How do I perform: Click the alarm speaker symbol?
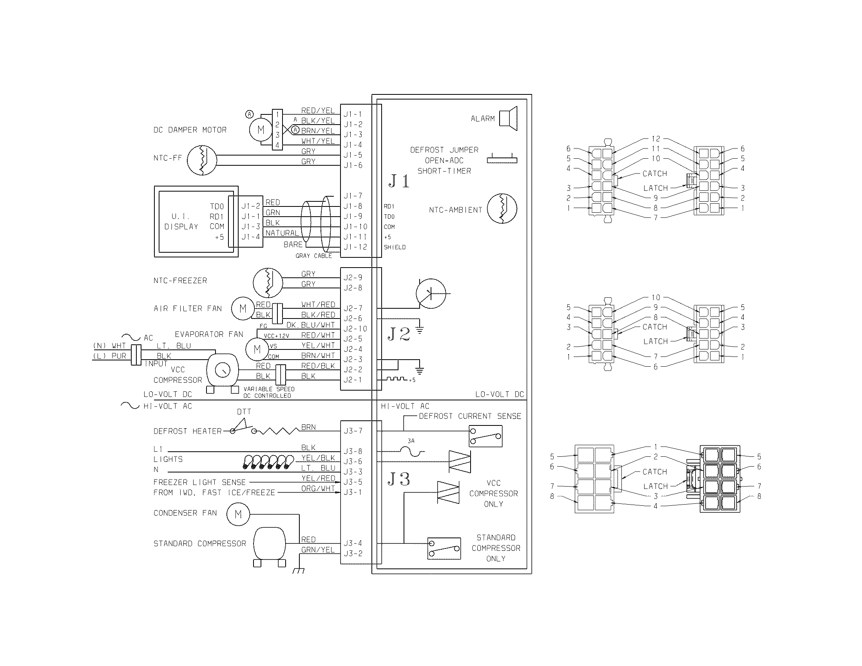point(508,118)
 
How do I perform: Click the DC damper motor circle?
point(261,129)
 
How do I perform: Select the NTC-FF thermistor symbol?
point(202,160)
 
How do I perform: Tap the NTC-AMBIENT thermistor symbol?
point(502,209)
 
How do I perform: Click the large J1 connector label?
point(399,181)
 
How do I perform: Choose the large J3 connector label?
point(399,480)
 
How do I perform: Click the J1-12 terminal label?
point(355,247)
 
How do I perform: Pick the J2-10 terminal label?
point(355,329)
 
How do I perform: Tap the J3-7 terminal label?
point(353,431)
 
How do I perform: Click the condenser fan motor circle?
point(238,514)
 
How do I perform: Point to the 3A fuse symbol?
point(411,451)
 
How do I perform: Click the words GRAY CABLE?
point(314,256)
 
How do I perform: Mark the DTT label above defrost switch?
point(244,411)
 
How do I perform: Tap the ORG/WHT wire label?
point(318,489)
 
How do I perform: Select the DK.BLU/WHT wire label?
point(310,325)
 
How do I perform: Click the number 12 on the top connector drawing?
point(656,139)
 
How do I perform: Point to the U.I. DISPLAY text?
point(181,221)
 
